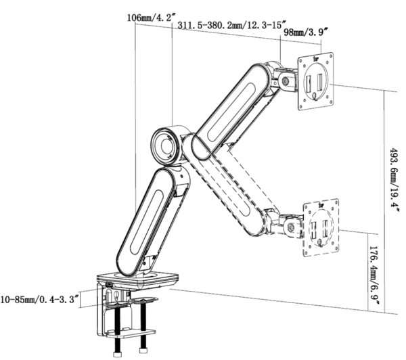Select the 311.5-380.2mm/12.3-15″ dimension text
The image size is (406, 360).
(223, 26)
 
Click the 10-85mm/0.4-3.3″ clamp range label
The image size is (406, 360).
(39, 298)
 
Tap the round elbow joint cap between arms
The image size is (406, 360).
(165, 145)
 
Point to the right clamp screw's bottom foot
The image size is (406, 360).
(143, 351)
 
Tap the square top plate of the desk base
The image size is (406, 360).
(139, 277)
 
